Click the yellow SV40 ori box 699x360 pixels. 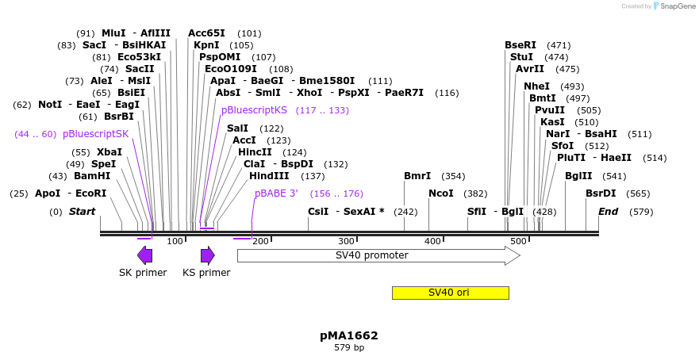point(450,293)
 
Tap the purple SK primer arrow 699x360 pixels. point(144,255)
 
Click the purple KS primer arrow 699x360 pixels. point(207,255)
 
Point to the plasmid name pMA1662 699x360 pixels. point(349,335)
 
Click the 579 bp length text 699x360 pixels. point(349,348)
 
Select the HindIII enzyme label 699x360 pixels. point(275,176)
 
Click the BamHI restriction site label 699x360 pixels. point(92,176)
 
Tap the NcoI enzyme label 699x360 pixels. point(441,193)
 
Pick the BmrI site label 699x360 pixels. point(417,176)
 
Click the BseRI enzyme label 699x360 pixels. point(520,45)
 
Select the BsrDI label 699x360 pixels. point(601,193)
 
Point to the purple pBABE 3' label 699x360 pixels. point(276,193)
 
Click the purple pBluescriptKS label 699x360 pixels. point(254,110)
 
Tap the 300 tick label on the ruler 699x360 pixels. point(346,241)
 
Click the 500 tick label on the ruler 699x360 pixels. point(517,241)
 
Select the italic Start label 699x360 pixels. point(82,212)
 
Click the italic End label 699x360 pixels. point(608,212)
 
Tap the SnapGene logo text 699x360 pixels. point(678,6)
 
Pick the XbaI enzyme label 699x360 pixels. point(109,152)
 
